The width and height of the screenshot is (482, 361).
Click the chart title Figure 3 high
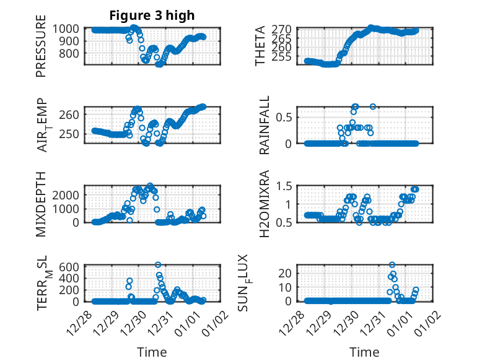tap(152, 15)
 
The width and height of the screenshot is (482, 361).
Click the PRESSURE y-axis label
tap(41, 50)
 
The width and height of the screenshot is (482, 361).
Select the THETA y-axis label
tap(260, 46)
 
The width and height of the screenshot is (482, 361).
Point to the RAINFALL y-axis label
tap(265, 124)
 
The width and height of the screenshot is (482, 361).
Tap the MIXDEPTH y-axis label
tap(41, 203)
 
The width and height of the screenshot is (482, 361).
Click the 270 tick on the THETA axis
tap(283, 29)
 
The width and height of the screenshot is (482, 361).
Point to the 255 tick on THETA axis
tap(283, 56)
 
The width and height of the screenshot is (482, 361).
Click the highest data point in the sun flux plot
tap(392, 265)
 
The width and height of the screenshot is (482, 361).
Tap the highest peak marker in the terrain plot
tap(158, 265)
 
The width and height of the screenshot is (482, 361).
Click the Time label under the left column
tap(152, 352)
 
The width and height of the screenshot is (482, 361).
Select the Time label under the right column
tap(364, 352)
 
